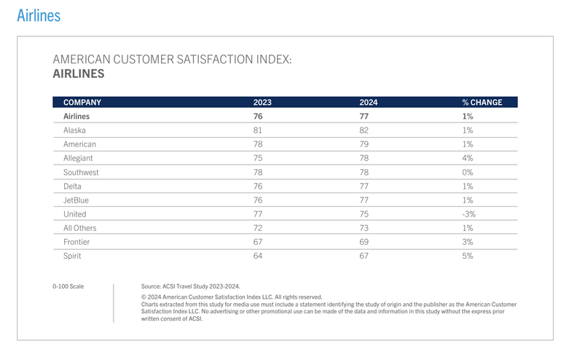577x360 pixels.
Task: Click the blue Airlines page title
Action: pyautogui.click(x=39, y=15)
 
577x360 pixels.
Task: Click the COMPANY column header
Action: pyautogui.click(x=82, y=103)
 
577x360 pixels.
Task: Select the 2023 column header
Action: pyautogui.click(x=262, y=103)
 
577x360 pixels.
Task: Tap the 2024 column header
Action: pyautogui.click(x=369, y=103)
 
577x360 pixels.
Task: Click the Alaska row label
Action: pyautogui.click(x=75, y=130)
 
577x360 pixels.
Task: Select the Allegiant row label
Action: pyautogui.click(x=79, y=158)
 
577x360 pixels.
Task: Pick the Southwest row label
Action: pyautogui.click(x=81, y=173)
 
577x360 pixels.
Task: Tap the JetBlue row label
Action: pyautogui.click(x=76, y=200)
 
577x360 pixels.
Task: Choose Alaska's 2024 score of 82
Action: pyautogui.click(x=364, y=130)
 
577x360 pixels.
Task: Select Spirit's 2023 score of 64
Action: pyautogui.click(x=258, y=256)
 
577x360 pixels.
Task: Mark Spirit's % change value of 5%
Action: pyautogui.click(x=467, y=256)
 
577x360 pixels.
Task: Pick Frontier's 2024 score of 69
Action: pyautogui.click(x=364, y=242)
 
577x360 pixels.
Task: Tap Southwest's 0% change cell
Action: pyautogui.click(x=467, y=173)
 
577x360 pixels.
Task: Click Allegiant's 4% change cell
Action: pyautogui.click(x=467, y=158)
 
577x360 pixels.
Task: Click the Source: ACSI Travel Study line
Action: pyautogui.click(x=190, y=286)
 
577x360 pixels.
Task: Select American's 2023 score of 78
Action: pyautogui.click(x=258, y=144)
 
